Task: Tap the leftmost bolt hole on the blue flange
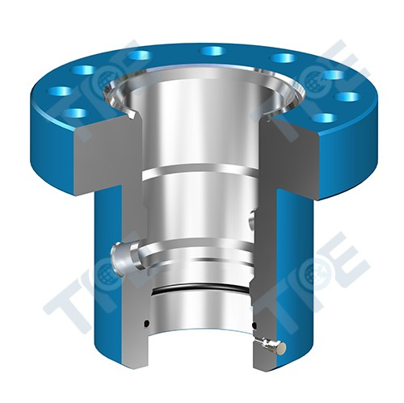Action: [59, 91]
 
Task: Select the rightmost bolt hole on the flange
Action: [347, 97]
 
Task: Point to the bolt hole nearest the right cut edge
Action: [324, 117]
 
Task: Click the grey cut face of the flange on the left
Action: [101, 162]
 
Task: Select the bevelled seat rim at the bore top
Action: [202, 81]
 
